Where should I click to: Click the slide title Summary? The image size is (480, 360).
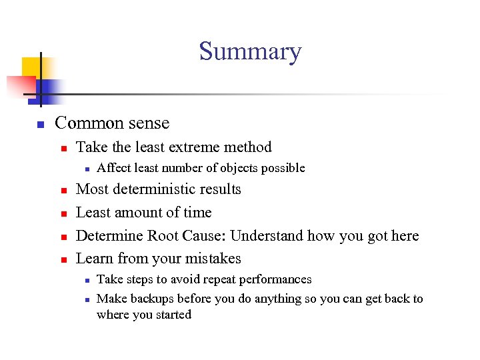coord(250,51)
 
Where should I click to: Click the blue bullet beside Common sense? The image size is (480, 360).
coord(40,125)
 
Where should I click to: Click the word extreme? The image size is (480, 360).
coord(193,147)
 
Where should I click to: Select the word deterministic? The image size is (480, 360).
coord(158,189)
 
